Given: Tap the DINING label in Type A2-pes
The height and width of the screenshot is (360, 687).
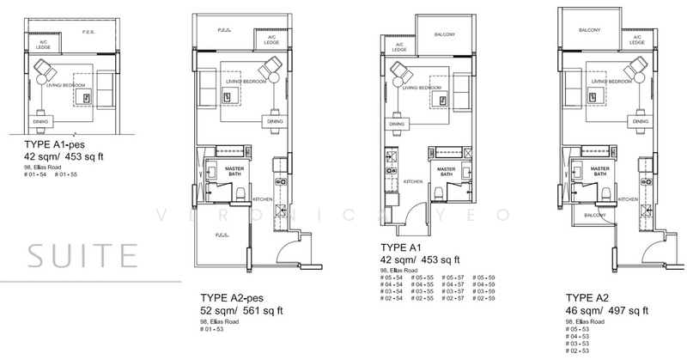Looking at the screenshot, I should tap(275, 122).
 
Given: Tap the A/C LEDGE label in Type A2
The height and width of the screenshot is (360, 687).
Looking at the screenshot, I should tap(636, 41).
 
